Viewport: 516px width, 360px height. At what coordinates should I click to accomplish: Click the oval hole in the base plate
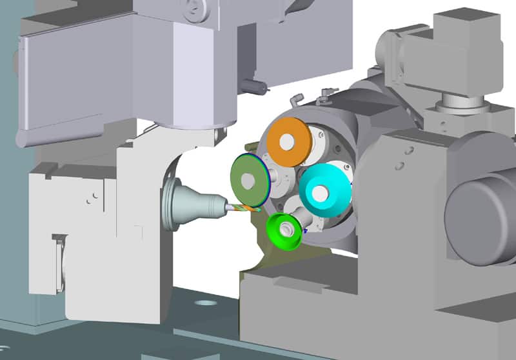point(206,301)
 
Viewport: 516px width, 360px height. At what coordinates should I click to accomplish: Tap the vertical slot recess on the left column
point(59,261)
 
